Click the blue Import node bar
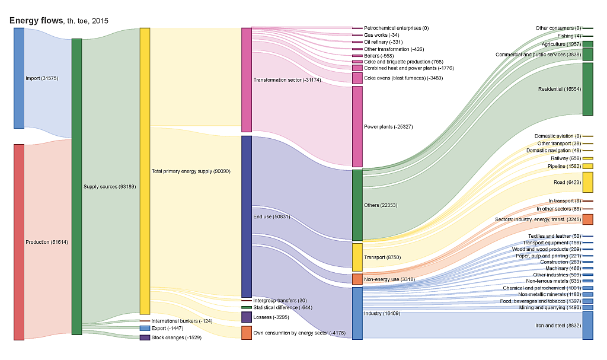point(19,78)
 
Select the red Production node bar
point(19,242)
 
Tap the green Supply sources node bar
point(76,187)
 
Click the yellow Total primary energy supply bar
point(145,171)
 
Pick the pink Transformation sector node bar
point(247,79)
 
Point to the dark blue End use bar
point(247,216)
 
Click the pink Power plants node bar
point(357,126)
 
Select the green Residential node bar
point(587,89)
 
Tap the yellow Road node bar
point(587,183)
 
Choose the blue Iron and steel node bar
point(587,325)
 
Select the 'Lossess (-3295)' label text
point(271,317)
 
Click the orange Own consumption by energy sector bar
point(247,333)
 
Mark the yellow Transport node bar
point(357,257)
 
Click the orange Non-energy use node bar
point(357,279)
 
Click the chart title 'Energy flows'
point(36,21)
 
